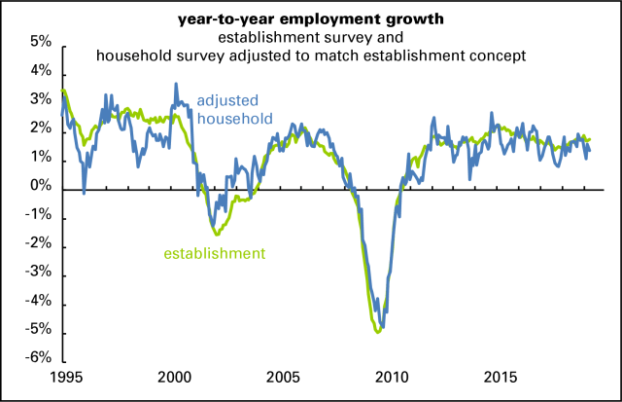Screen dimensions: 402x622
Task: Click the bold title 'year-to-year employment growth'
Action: (310, 18)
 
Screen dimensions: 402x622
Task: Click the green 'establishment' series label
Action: (214, 254)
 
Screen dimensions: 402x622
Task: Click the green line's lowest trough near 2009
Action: (377, 333)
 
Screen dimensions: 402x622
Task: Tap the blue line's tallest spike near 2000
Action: (176, 84)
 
